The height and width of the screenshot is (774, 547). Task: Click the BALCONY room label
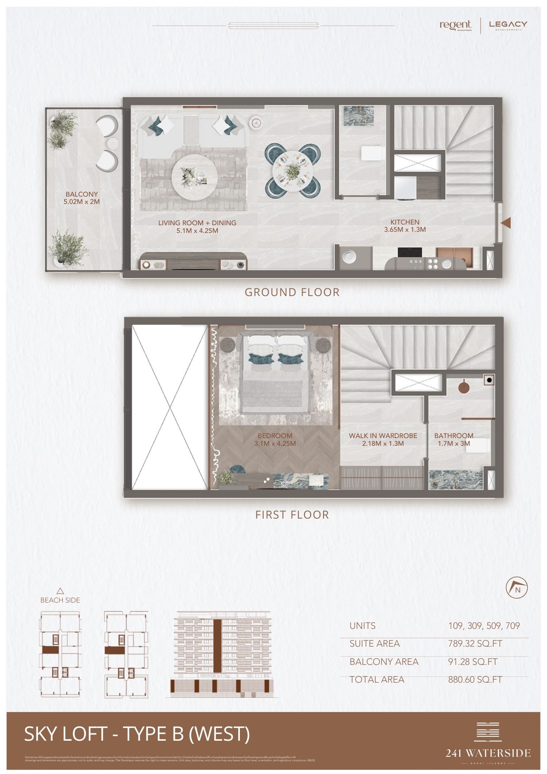pyautogui.click(x=82, y=194)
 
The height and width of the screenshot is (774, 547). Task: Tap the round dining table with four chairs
pyautogui.click(x=292, y=169)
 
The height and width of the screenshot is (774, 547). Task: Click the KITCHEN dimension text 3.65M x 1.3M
pyautogui.click(x=405, y=229)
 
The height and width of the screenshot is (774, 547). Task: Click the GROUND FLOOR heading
pyautogui.click(x=292, y=292)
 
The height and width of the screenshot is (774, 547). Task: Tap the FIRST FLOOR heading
pyautogui.click(x=292, y=515)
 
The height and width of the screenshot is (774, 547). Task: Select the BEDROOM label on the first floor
pyautogui.click(x=275, y=436)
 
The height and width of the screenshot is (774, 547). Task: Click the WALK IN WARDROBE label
pyautogui.click(x=383, y=436)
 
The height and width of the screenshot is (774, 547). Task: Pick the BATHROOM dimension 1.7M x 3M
pyautogui.click(x=454, y=444)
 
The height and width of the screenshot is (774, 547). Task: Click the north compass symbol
pyautogui.click(x=517, y=588)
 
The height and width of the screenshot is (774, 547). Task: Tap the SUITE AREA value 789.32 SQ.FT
pyautogui.click(x=475, y=644)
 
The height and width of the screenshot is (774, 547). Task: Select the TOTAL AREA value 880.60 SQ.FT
pyautogui.click(x=475, y=680)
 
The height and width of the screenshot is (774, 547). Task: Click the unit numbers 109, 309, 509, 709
pyautogui.click(x=484, y=626)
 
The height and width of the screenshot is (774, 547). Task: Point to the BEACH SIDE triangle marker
pyautogui.click(x=60, y=591)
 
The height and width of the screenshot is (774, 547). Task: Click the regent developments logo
pyautogui.click(x=456, y=25)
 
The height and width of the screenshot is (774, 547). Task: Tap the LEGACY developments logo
pyautogui.click(x=508, y=25)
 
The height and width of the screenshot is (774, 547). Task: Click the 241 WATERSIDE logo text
pyautogui.click(x=488, y=753)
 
